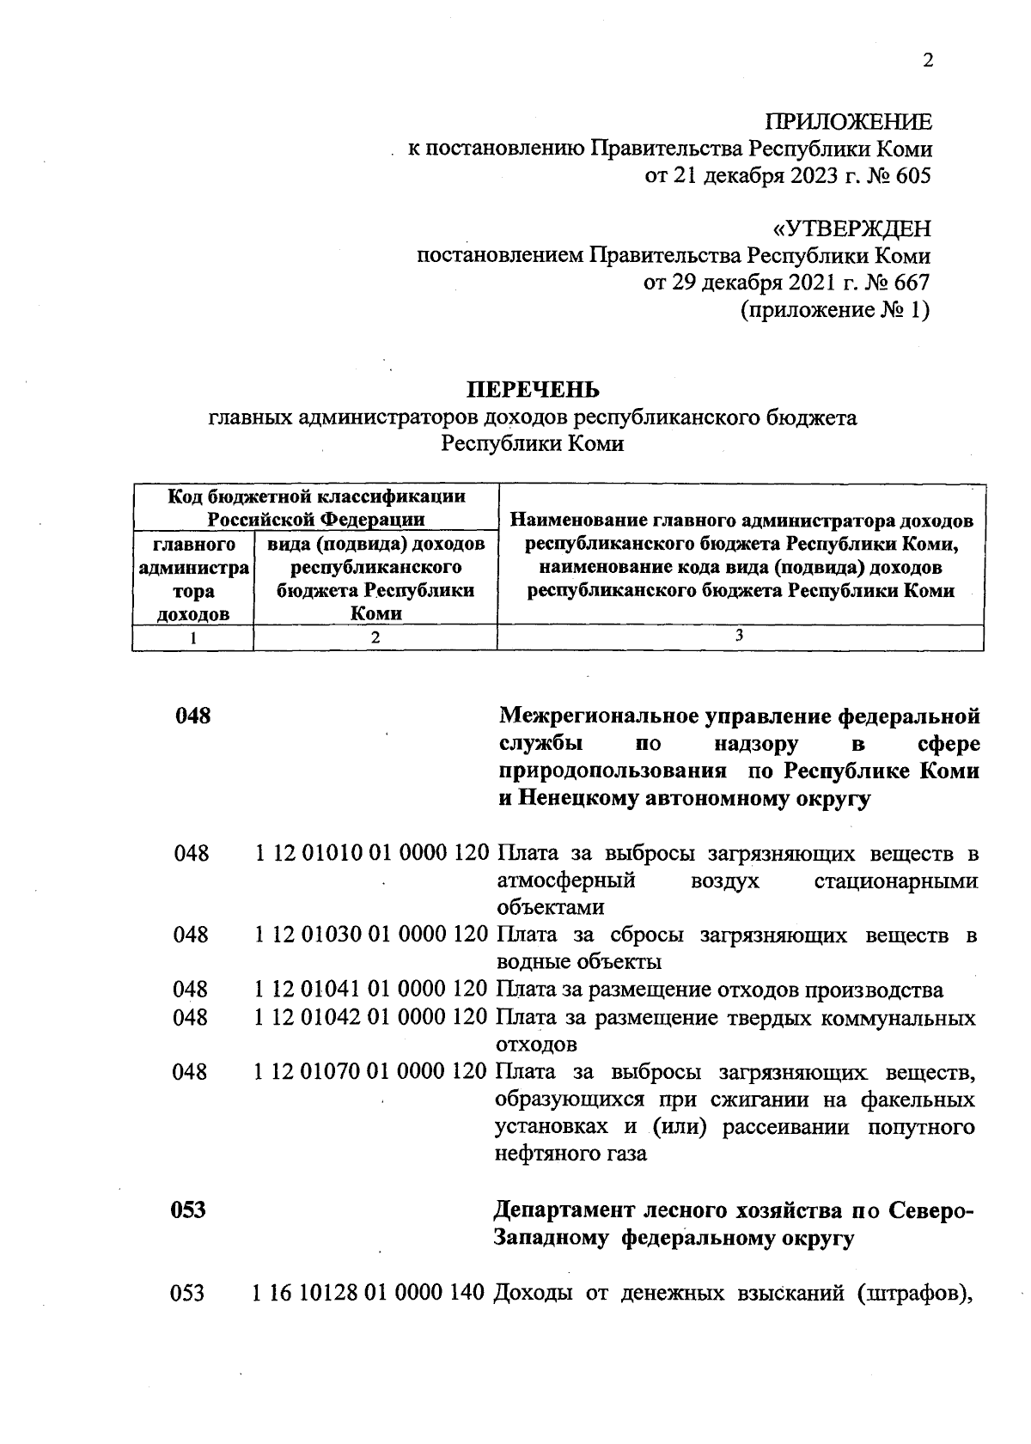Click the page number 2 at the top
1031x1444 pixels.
[926, 60]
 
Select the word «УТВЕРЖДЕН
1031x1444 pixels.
[851, 229]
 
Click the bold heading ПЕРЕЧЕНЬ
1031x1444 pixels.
[533, 391]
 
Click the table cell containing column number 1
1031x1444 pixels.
[193, 638]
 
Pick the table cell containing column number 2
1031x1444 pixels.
[375, 638]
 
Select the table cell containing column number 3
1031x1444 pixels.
[739, 636]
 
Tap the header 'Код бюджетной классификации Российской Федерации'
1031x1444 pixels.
[316, 508]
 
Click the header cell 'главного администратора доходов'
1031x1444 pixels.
[193, 579]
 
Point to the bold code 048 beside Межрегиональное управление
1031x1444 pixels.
[192, 716]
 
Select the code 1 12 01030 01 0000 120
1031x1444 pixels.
[373, 935]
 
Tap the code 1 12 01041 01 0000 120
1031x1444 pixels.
[373, 990]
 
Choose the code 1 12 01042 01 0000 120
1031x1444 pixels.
[373, 1018]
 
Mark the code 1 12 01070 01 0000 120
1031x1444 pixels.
[373, 1073]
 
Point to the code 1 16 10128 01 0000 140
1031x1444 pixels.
[370, 1292]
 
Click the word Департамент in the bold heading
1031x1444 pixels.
[564, 1210]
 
